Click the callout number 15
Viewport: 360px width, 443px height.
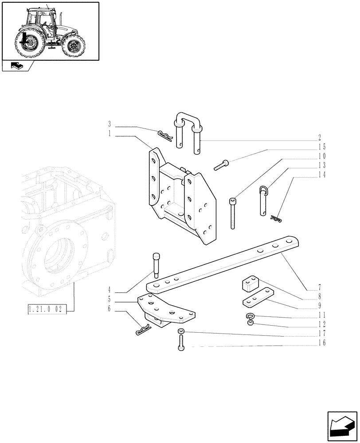click(321, 147)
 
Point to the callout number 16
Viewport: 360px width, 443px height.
click(321, 343)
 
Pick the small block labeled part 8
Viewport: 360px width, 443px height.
click(251, 284)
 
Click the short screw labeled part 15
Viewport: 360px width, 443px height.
click(221, 165)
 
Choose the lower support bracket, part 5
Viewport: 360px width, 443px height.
click(166, 310)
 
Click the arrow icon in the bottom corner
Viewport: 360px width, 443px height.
click(341, 426)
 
